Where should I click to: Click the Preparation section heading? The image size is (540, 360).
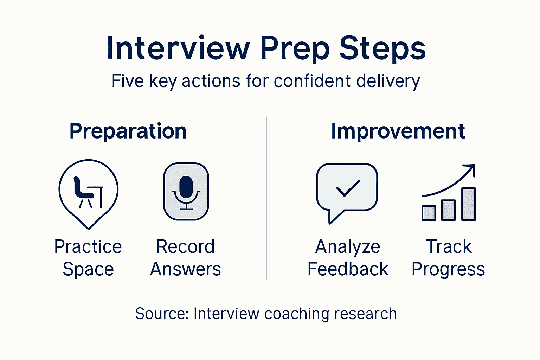click(128, 131)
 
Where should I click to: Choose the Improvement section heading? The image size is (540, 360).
click(398, 131)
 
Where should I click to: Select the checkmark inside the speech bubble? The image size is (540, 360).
click(347, 188)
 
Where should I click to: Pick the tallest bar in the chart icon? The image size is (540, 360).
click(468, 204)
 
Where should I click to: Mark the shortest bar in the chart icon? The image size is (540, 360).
click(429, 213)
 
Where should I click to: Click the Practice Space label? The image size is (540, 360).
click(88, 258)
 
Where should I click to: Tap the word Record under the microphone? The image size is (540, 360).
click(185, 246)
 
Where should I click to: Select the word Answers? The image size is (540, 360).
click(185, 269)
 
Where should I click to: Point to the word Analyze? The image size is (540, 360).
click(348, 246)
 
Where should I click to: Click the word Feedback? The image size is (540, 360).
click(348, 269)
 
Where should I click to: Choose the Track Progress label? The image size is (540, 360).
click(448, 258)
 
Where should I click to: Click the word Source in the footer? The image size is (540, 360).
click(162, 314)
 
